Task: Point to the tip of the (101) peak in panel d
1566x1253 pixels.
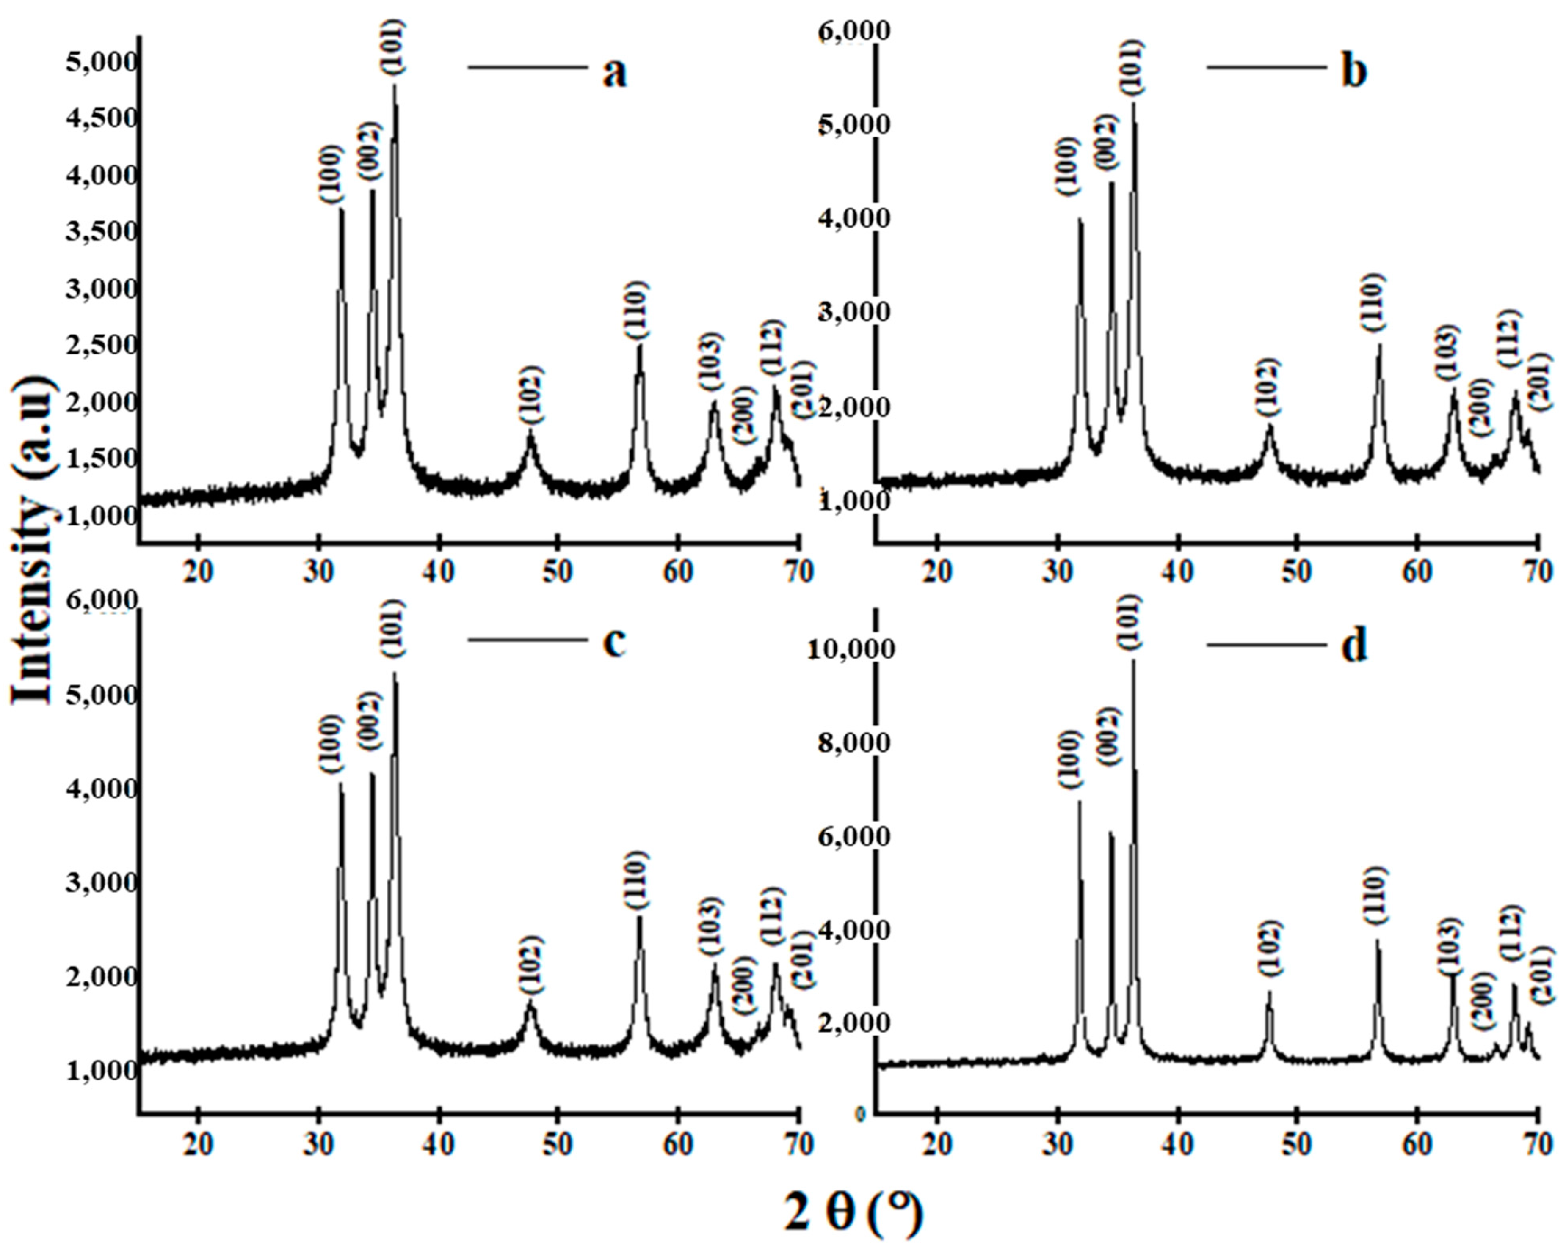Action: click(x=1133, y=659)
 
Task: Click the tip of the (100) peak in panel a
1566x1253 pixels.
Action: click(x=341, y=209)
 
